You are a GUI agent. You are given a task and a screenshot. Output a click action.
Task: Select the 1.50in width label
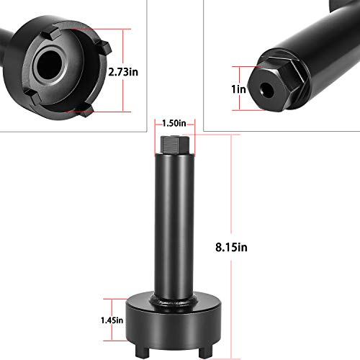[174, 122]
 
